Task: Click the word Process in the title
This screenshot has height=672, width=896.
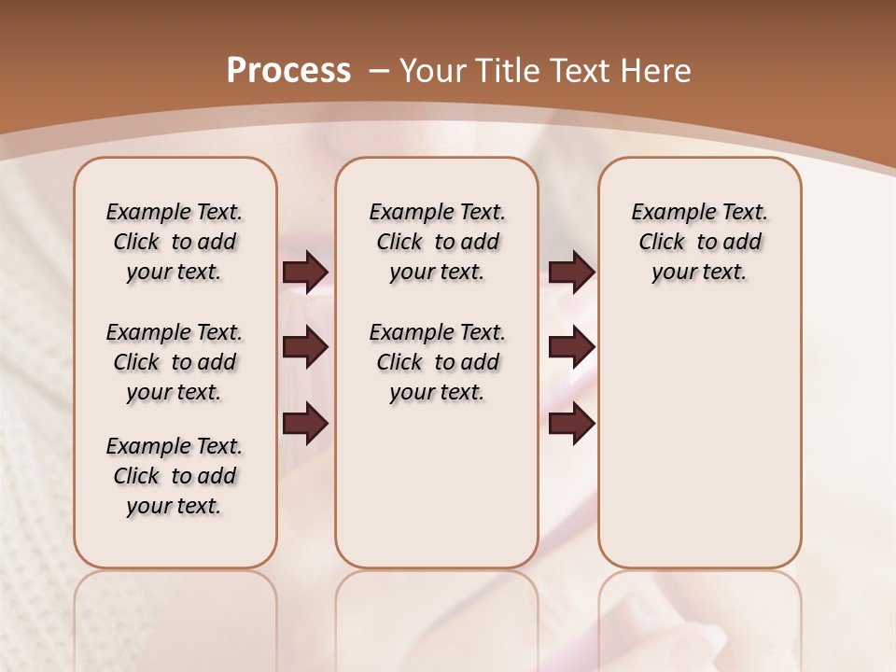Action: (288, 70)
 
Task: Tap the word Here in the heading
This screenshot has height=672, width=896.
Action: (653, 70)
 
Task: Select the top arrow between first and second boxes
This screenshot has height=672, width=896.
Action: (305, 272)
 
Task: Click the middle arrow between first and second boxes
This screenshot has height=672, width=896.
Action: (305, 347)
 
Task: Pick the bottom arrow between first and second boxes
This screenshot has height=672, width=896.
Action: (305, 425)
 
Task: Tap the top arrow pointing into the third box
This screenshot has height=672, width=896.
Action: (571, 272)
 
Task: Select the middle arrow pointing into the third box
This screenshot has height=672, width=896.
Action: (571, 347)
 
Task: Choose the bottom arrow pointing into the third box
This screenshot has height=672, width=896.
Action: (571, 425)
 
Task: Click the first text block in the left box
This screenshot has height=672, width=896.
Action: (175, 242)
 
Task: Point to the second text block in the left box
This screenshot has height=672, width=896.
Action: (175, 362)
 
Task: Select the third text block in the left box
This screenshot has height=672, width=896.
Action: (175, 476)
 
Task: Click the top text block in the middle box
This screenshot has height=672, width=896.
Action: (437, 242)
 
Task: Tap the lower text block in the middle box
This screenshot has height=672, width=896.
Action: (437, 362)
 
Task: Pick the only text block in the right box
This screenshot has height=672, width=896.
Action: (699, 242)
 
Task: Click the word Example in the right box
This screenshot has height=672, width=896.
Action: (665, 213)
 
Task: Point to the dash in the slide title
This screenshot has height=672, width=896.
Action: (380, 70)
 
